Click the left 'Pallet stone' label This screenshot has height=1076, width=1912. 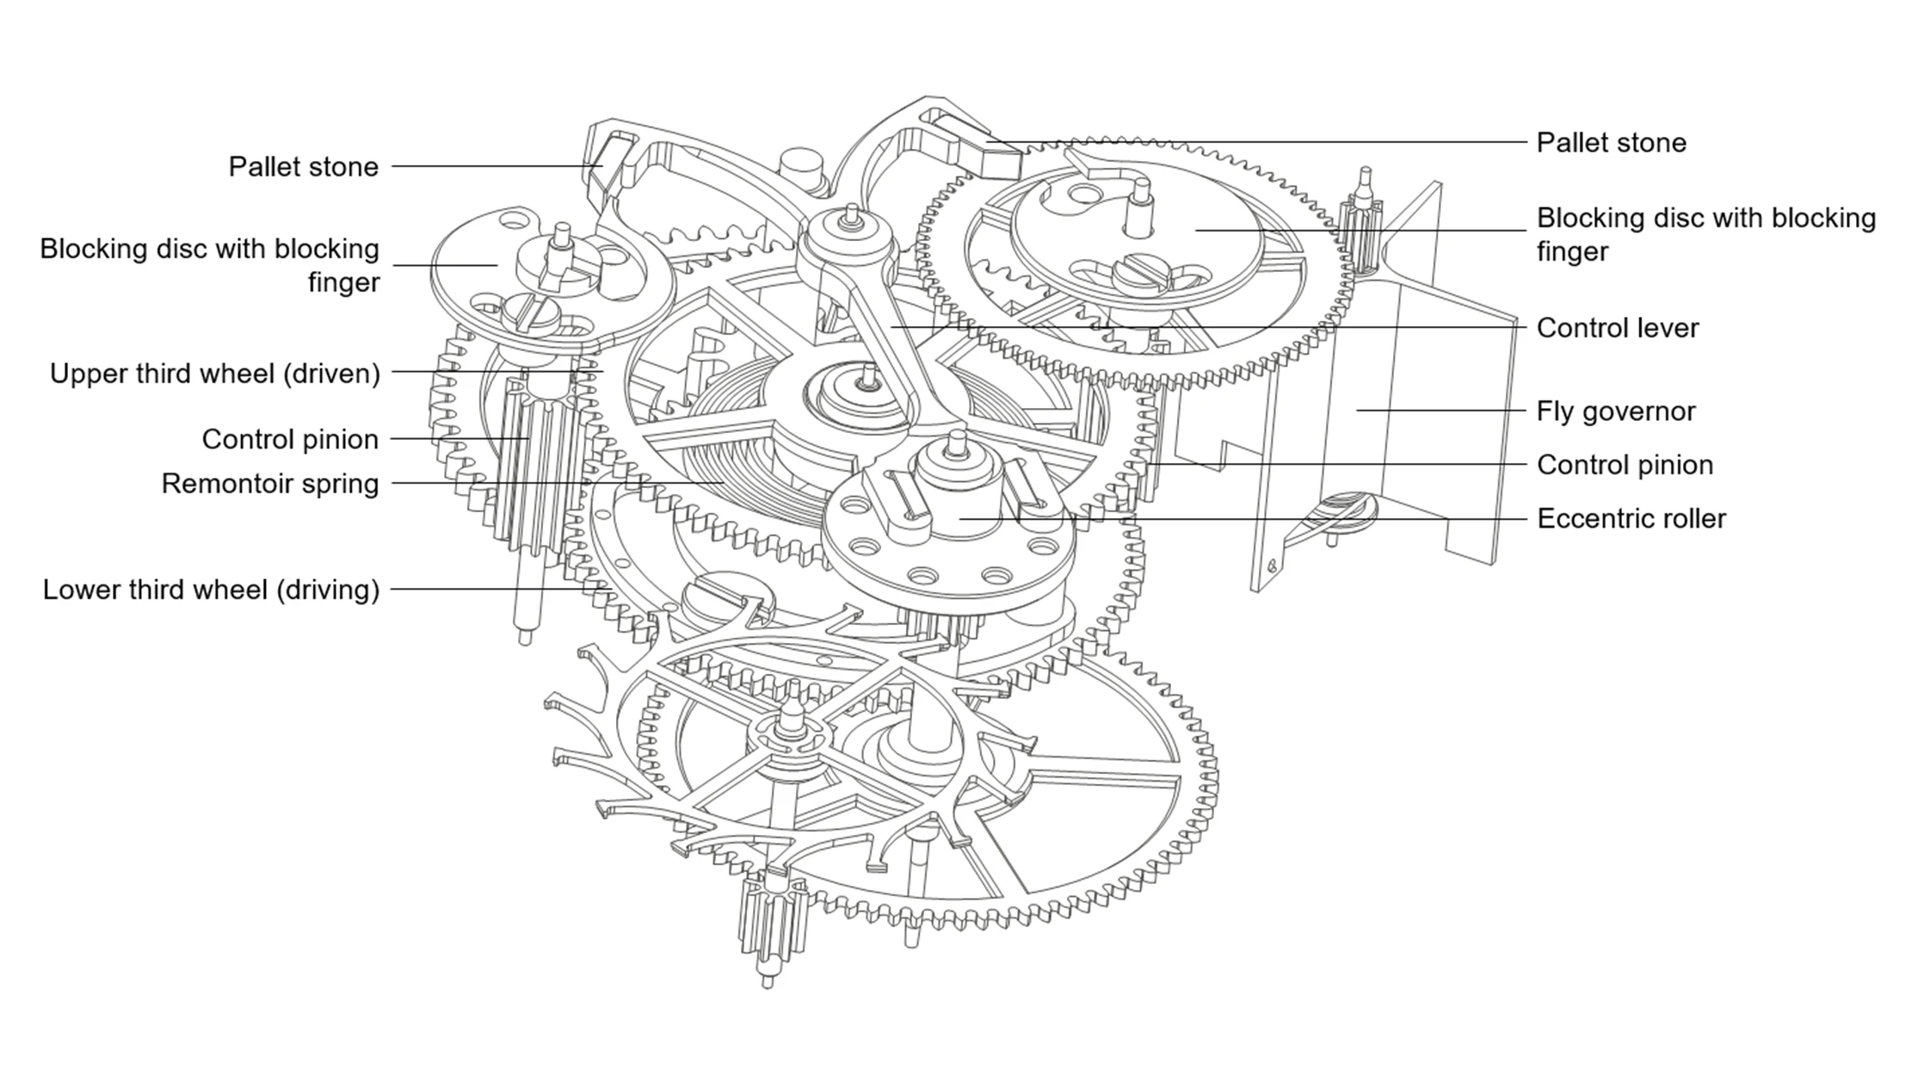pyautogui.click(x=303, y=167)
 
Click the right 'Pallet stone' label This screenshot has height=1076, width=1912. pyautogui.click(x=1611, y=143)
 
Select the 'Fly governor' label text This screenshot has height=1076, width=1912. pyautogui.click(x=1616, y=411)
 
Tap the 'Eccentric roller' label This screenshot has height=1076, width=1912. pyautogui.click(x=1631, y=519)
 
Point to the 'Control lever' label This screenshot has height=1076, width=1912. pyautogui.click(x=1618, y=328)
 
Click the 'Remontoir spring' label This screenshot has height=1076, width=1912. pyautogui.click(x=270, y=484)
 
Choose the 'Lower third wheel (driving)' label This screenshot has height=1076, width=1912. pyautogui.click(x=211, y=590)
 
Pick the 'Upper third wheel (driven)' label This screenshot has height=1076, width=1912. pyautogui.click(x=214, y=374)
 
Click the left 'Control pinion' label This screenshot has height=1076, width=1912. pyautogui.click(x=290, y=440)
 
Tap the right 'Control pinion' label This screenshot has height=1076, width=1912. pyautogui.click(x=1625, y=466)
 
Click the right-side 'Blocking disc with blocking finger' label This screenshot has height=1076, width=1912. pyautogui.click(x=1705, y=234)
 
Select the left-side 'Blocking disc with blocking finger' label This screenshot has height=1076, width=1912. pyautogui.click(x=209, y=265)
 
